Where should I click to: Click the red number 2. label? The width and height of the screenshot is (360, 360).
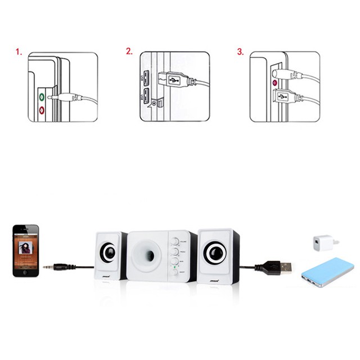(129, 52)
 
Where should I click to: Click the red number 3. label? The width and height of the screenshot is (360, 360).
(240, 52)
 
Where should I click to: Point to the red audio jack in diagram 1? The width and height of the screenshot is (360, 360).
(42, 109)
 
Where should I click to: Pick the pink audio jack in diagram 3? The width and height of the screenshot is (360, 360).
(275, 83)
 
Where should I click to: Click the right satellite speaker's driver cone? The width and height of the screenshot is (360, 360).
(215, 253)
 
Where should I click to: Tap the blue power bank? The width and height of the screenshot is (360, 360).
(327, 272)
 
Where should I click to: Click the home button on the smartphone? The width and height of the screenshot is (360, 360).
(26, 273)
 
